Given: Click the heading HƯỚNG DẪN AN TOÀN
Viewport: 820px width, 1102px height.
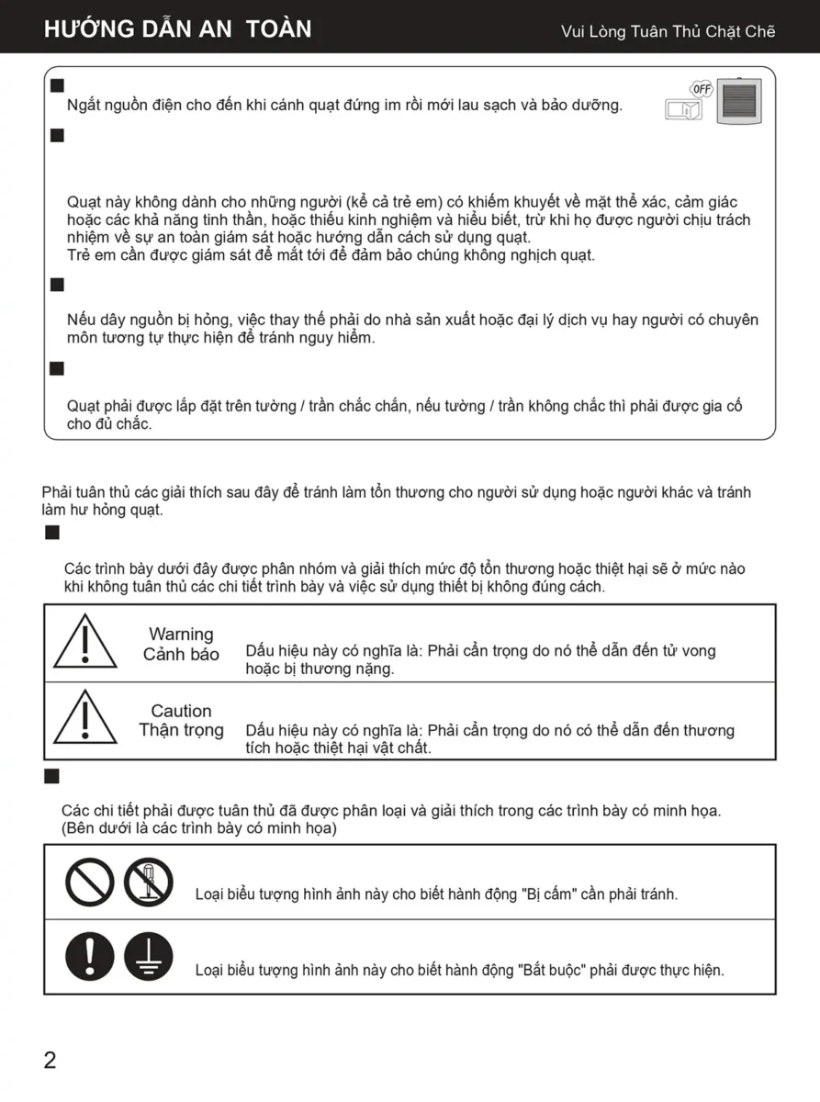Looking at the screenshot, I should (177, 29).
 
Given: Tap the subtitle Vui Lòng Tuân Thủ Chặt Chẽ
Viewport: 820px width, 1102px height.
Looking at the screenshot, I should (668, 32).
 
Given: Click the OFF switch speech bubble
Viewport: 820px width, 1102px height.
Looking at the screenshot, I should (702, 89).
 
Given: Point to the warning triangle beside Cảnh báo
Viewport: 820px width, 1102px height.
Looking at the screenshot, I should (84, 642).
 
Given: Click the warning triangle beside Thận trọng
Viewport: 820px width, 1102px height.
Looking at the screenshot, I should (84, 718).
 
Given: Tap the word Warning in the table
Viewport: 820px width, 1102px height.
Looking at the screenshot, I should (181, 635).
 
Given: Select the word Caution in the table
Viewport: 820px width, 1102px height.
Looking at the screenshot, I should (181, 711).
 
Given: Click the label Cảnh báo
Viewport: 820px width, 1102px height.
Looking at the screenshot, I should (181, 655).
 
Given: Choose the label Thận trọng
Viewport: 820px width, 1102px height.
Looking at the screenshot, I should (181, 730).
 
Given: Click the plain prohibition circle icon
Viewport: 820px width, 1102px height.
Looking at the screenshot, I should (89, 882).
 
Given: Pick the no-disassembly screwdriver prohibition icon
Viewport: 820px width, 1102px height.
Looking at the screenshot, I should (148, 882).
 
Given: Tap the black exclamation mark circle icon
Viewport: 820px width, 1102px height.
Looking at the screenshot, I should (89, 955).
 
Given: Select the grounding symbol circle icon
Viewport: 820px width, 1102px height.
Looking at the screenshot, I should (148, 955).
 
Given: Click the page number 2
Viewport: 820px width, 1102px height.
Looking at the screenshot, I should (50, 1061).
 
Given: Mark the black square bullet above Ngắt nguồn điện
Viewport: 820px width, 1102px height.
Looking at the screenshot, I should (57, 85).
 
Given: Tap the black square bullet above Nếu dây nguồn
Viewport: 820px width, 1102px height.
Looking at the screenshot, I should (57, 285).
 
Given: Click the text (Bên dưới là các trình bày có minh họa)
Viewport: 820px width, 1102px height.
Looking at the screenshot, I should (199, 828).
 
